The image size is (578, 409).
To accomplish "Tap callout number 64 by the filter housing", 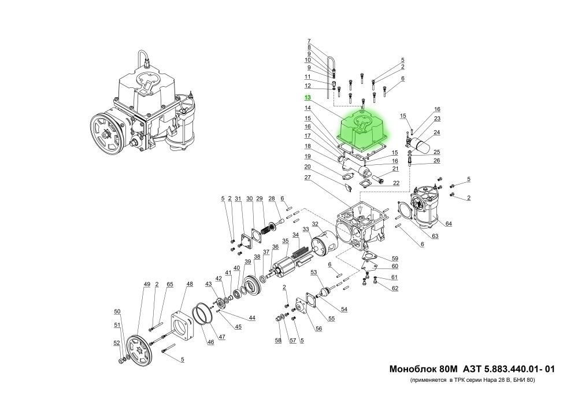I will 449,223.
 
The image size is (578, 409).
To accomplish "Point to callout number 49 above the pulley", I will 147,284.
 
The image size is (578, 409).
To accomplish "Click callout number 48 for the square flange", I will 190,284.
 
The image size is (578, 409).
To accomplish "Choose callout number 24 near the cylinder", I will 437,132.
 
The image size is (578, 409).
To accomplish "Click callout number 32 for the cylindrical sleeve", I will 315,224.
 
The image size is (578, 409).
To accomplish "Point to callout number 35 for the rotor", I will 285,241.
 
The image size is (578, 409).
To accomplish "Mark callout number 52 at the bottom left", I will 116,343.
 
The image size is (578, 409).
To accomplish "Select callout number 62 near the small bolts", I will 395,288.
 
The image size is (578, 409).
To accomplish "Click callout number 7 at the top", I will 309,41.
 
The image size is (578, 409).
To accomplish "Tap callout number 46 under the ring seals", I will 210,342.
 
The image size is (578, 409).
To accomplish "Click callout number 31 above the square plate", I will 238,199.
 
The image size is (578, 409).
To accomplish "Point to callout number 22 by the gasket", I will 396,183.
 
